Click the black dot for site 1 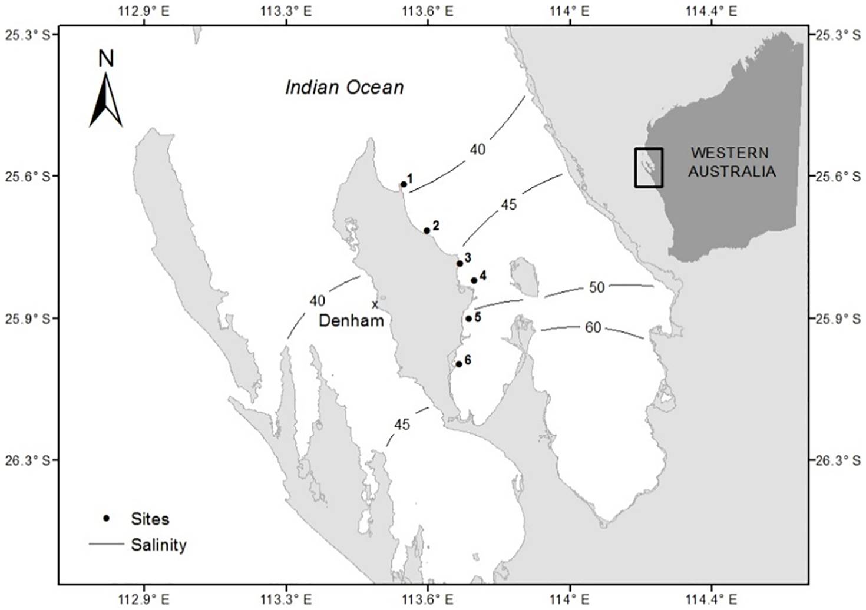[404, 184]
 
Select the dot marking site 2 [427, 230]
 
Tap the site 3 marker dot [460, 263]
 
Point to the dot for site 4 [474, 281]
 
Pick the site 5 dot [468, 319]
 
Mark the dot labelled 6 [458, 364]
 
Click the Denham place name [351, 321]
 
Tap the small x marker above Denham [375, 304]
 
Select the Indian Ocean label [345, 88]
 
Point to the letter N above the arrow [106, 59]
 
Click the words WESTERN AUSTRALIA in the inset [732, 162]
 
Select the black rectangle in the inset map [649, 168]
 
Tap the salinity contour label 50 [597, 287]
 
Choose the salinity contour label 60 [593, 327]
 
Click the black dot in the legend [106, 519]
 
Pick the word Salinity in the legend [158, 545]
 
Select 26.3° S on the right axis [836, 459]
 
